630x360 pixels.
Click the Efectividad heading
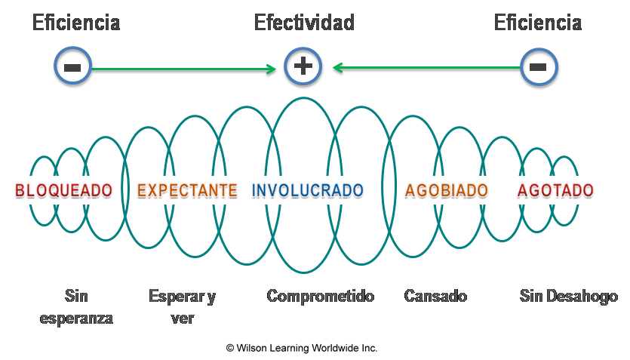[304, 23]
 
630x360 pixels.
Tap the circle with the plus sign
[303, 66]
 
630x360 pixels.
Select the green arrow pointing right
[184, 69]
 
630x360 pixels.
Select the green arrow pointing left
[426, 68]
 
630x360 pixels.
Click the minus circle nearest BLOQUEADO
[72, 66]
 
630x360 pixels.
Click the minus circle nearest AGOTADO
[538, 66]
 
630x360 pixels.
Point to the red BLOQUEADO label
[63, 190]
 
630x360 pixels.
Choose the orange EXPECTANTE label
[188, 190]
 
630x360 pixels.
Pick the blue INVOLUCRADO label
[308, 190]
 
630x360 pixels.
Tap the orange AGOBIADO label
[447, 190]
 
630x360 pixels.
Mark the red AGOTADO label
[556, 190]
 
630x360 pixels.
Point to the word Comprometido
[321, 296]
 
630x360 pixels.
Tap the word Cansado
[435, 296]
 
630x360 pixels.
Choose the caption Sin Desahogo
[569, 296]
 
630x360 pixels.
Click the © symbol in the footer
[230, 348]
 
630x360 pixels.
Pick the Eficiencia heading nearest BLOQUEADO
[75, 23]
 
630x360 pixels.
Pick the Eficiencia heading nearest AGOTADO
[537, 23]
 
